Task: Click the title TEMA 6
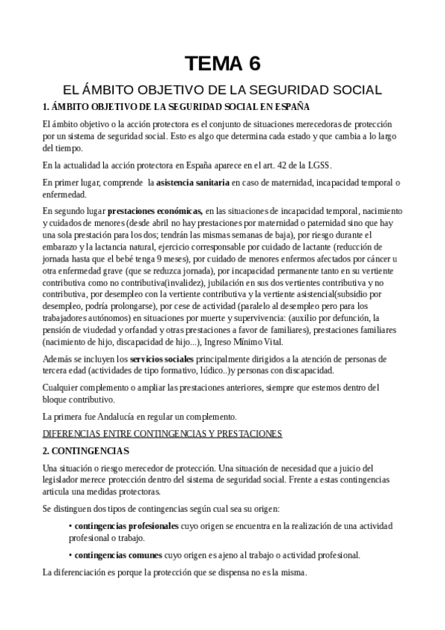[222, 62]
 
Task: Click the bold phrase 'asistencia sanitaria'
[196, 182]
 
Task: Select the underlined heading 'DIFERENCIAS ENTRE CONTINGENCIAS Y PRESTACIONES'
[163, 433]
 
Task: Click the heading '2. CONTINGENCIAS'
[86, 451]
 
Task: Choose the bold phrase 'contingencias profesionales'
[127, 526]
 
